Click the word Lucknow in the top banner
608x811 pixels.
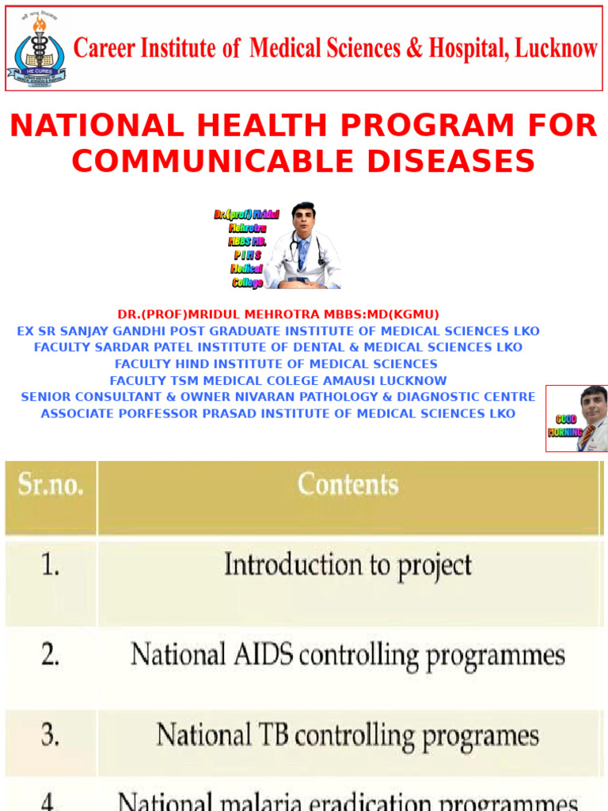point(556,48)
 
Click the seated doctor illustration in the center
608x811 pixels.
point(303,246)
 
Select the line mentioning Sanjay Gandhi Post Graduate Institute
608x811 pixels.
point(278,331)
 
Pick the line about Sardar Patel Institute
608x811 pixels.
point(278,348)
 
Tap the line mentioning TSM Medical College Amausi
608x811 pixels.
point(278,381)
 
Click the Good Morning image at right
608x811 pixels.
point(576,418)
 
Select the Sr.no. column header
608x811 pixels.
point(51,485)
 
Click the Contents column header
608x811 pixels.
point(348,485)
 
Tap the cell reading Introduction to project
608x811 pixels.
point(348,565)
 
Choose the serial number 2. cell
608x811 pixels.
point(51,655)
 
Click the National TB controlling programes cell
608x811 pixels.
point(348,734)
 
